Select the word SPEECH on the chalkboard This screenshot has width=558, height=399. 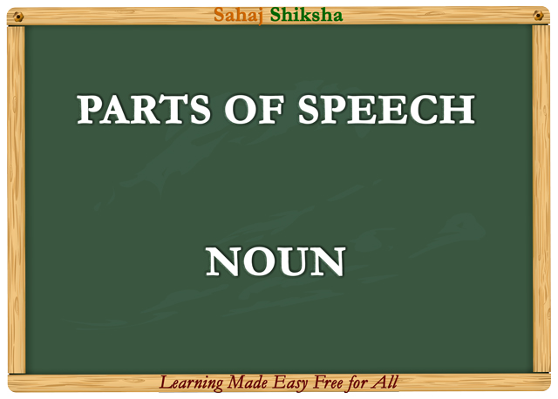click(386, 110)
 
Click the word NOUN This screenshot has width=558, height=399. click(276, 263)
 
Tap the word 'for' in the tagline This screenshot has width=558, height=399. click(361, 382)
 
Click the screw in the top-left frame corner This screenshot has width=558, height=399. click(17, 16)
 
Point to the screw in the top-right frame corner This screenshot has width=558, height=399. click(539, 16)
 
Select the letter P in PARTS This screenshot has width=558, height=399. click(88, 110)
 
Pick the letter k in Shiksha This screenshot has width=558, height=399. click(304, 15)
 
